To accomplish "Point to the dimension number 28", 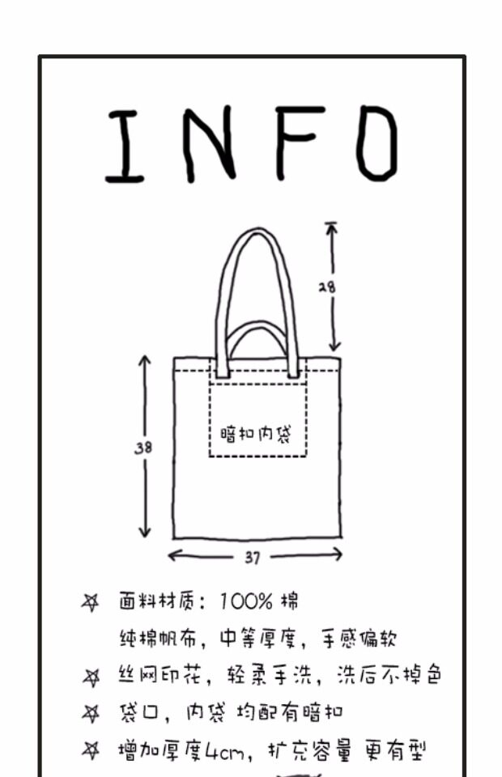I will point(326,287).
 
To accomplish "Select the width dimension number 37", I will point(252,557).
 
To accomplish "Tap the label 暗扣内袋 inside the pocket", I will point(256,434).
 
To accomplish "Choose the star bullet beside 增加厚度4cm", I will point(91,752).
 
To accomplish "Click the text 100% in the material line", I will point(246,602).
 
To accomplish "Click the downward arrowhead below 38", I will point(144,531).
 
